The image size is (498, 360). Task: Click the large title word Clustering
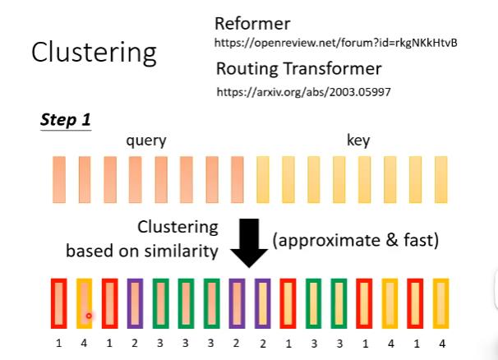[94, 52]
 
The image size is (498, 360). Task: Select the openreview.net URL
[335, 42]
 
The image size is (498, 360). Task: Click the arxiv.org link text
[302, 92]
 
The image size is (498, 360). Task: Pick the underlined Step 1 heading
[66, 120]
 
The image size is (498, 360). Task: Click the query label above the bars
[145, 141]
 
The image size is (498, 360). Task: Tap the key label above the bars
[358, 141]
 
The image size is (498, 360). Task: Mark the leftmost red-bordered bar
[58, 305]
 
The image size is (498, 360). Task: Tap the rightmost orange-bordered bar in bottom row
[440, 305]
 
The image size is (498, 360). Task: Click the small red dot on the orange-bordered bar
[88, 316]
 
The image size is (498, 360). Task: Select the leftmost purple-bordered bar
[135, 305]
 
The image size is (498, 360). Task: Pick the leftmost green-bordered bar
[160, 305]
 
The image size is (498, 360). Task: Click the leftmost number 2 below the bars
[135, 342]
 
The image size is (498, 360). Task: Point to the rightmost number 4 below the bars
[440, 342]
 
